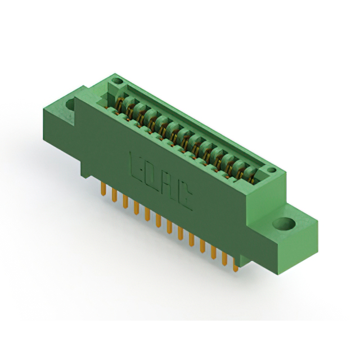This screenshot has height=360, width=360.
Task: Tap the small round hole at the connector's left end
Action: pyautogui.click(x=117, y=82)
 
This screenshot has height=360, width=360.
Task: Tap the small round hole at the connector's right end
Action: pyautogui.click(x=271, y=170)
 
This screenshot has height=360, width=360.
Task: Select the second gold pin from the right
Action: pyautogui.click(x=224, y=259)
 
